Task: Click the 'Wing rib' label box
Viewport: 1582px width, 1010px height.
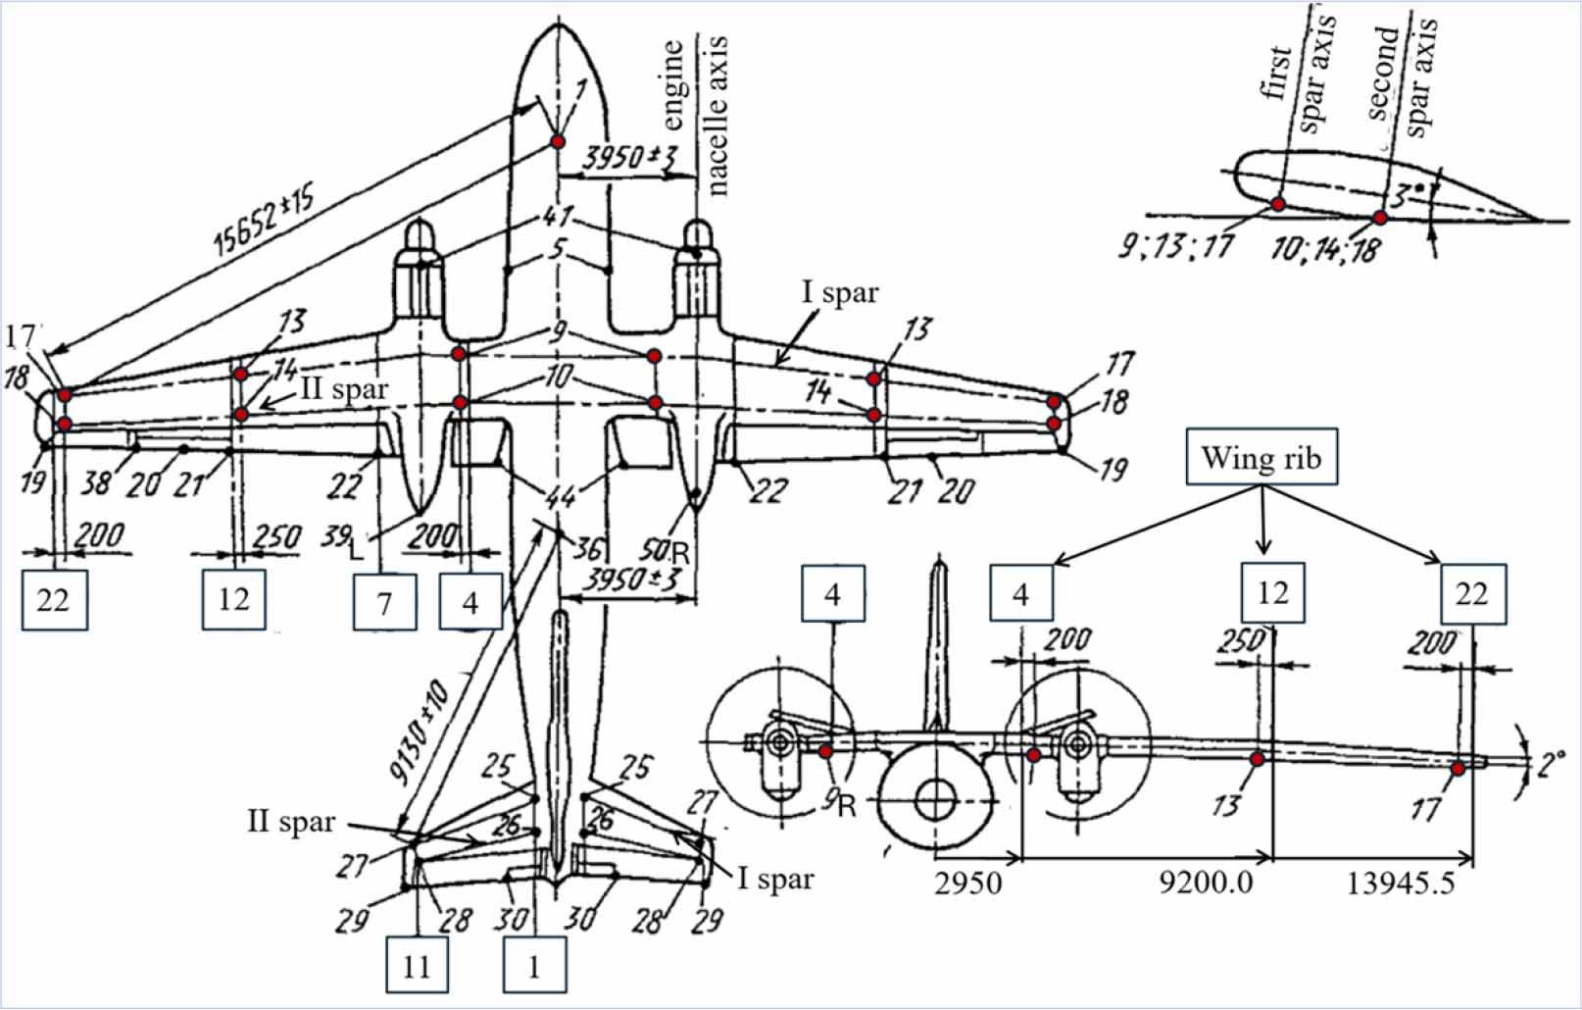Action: pyautogui.click(x=1261, y=456)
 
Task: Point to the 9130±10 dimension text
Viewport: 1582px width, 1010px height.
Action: pyautogui.click(x=420, y=732)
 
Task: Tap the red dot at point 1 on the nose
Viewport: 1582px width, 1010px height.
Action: pyautogui.click(x=558, y=142)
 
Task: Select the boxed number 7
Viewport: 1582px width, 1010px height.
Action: pyautogui.click(x=384, y=601)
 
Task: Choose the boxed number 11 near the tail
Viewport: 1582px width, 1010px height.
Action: pyautogui.click(x=417, y=965)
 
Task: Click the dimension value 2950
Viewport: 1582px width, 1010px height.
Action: pyautogui.click(x=967, y=883)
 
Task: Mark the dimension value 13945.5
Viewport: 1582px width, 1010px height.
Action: pyautogui.click(x=1401, y=883)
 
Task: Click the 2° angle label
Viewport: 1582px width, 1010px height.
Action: pyautogui.click(x=1551, y=763)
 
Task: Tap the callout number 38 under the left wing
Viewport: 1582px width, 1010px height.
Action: pyautogui.click(x=95, y=481)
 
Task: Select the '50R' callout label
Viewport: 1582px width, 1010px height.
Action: pyautogui.click(x=664, y=550)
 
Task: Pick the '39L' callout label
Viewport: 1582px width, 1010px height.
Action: pyautogui.click(x=342, y=540)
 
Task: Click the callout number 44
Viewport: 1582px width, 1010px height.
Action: pyautogui.click(x=560, y=496)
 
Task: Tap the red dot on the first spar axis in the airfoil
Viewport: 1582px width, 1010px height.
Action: pyautogui.click(x=1278, y=204)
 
